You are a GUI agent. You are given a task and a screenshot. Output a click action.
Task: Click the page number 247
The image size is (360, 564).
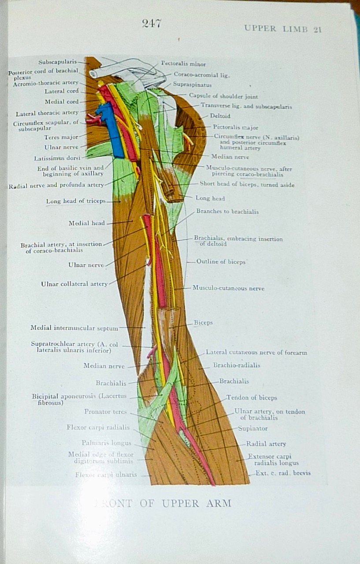pyautogui.click(x=152, y=24)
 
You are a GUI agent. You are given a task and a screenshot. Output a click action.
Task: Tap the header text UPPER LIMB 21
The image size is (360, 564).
pyautogui.click(x=283, y=29)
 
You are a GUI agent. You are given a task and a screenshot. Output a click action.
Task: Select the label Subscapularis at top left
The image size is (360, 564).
pyautogui.click(x=57, y=62)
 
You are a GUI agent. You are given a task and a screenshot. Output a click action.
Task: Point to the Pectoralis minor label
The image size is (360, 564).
pyautogui.click(x=183, y=64)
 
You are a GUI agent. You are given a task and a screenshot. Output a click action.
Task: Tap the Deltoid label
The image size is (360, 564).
pyautogui.click(x=220, y=116)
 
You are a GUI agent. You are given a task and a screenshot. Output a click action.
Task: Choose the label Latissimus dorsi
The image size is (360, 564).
pyautogui.click(x=57, y=158)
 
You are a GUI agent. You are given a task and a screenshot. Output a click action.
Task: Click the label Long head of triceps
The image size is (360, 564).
pyautogui.click(x=76, y=201)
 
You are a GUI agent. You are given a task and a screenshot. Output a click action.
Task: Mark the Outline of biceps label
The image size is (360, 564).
pyautogui.click(x=221, y=262)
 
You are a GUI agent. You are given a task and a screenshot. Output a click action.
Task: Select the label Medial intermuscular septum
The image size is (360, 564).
pyautogui.click(x=74, y=328)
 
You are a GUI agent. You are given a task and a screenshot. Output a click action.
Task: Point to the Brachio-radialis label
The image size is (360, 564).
pyautogui.click(x=237, y=365)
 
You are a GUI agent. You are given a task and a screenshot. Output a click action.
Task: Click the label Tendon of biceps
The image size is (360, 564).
pyautogui.click(x=252, y=398)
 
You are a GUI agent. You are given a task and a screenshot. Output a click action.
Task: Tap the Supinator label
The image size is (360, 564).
pyautogui.click(x=252, y=428)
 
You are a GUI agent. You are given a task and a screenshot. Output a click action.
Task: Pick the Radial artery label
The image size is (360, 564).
pyautogui.click(x=266, y=444)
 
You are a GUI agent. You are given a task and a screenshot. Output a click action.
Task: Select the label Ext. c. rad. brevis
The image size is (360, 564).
pyautogui.click(x=283, y=473)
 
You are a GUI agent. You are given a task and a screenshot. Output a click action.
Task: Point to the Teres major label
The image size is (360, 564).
pyautogui.click(x=65, y=137)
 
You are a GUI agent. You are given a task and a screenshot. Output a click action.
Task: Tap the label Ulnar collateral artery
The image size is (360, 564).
pyautogui.click(x=74, y=284)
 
